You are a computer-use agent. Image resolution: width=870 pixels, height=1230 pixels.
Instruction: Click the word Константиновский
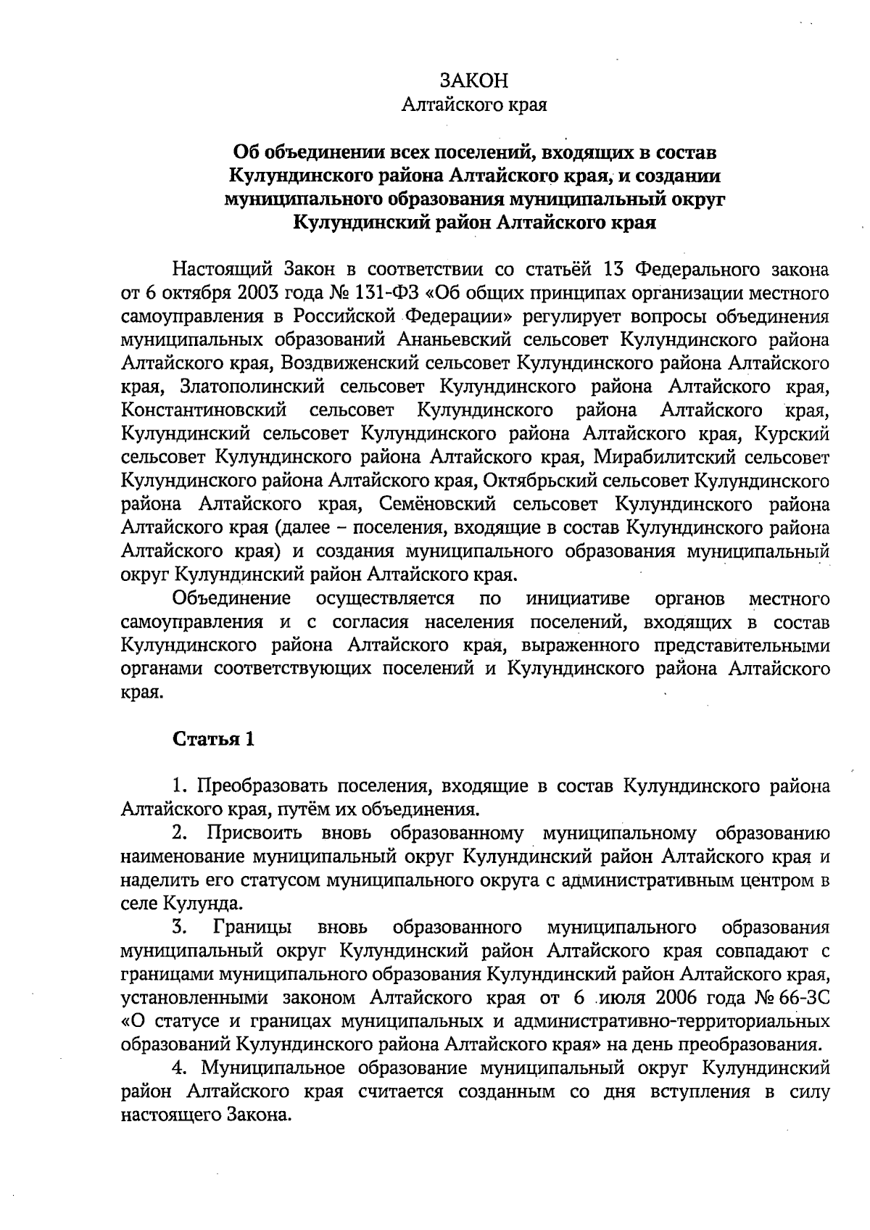pos(202,410)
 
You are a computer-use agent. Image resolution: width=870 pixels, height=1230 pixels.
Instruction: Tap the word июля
pos(627,997)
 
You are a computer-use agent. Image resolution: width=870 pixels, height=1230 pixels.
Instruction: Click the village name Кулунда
pos(202,904)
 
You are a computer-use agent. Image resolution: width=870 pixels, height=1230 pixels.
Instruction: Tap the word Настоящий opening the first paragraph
pos(217,271)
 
